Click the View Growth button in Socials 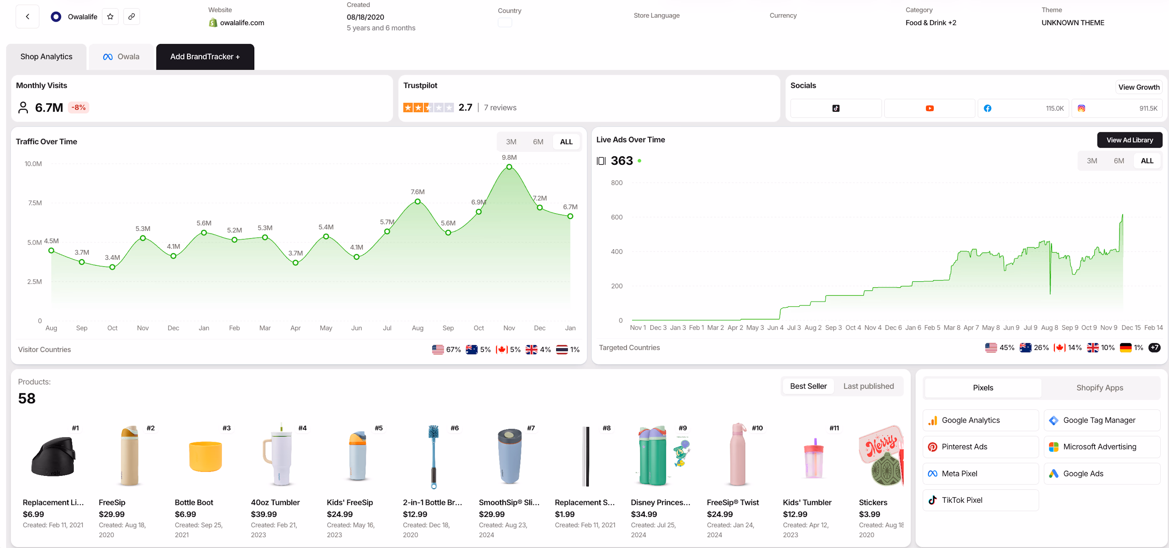point(1139,87)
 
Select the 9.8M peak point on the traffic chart point(509,167)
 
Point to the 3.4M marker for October point(112,267)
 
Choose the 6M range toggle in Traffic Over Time point(538,142)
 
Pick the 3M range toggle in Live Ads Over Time point(1091,161)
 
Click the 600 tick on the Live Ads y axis point(616,217)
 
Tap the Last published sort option point(868,386)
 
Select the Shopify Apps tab point(1099,388)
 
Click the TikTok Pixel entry point(962,500)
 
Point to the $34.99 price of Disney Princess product point(643,514)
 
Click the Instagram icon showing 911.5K point(1081,108)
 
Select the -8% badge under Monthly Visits point(79,108)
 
